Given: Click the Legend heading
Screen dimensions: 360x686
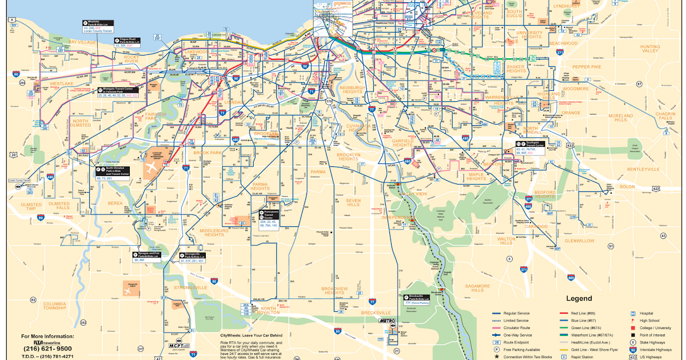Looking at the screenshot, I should click(580, 298).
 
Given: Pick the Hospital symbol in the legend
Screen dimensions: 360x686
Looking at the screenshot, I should click(633, 313).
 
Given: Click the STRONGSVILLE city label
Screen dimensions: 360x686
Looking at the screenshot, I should click(190, 287).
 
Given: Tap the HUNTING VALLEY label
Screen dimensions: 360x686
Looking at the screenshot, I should click(649, 49).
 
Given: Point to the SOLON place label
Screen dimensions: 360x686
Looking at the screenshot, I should click(627, 187).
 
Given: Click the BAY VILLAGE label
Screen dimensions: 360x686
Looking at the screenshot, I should click(83, 42).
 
